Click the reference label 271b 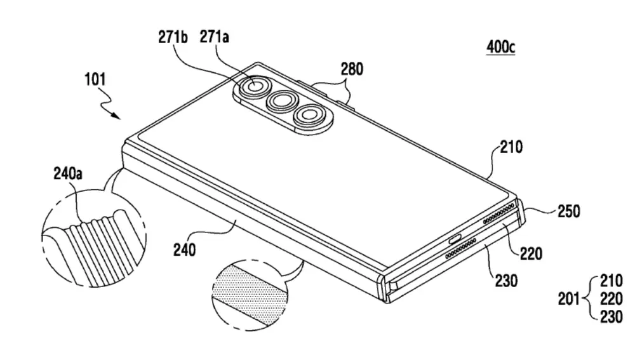coord(173,37)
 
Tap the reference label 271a coord(214,37)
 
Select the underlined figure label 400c coord(501,47)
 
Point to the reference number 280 coord(352,69)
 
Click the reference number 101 coord(95,79)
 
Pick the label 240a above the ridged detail coord(68,174)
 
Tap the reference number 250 coord(568,211)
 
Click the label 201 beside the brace coord(570,299)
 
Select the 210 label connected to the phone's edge coord(511,147)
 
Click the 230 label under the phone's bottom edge coord(506,280)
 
